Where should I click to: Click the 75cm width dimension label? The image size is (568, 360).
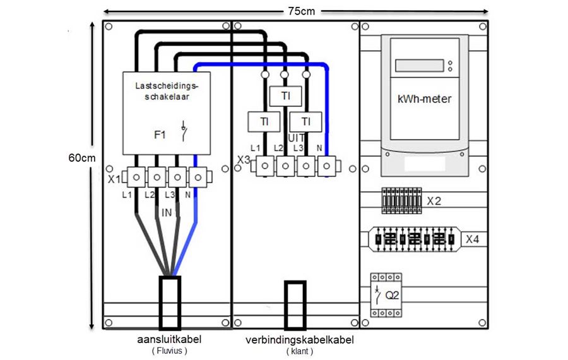click(302, 11)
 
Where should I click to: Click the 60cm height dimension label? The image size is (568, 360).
click(82, 158)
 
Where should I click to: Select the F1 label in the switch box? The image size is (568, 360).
click(160, 135)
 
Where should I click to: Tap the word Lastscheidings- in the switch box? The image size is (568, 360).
click(167, 86)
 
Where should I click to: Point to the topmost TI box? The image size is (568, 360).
click(285, 96)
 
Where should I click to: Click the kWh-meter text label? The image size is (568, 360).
click(425, 99)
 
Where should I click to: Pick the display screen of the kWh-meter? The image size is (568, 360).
click(420, 66)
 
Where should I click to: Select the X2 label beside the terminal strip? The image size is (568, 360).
click(434, 201)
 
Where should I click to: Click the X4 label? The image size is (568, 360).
click(472, 239)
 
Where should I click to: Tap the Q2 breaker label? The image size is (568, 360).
click(392, 296)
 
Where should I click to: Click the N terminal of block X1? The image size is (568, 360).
click(198, 177)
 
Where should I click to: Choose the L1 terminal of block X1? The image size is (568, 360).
click(136, 177)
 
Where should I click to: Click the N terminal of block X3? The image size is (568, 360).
click(327, 166)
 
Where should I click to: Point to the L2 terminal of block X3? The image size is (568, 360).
click(285, 166)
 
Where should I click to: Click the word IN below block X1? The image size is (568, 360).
click(167, 213)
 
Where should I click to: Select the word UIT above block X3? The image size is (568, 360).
click(297, 138)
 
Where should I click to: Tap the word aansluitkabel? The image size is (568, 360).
click(169, 339)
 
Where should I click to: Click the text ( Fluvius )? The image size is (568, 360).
click(170, 351)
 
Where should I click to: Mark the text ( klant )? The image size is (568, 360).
click(300, 351)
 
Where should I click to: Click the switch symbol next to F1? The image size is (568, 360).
click(184, 131)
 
